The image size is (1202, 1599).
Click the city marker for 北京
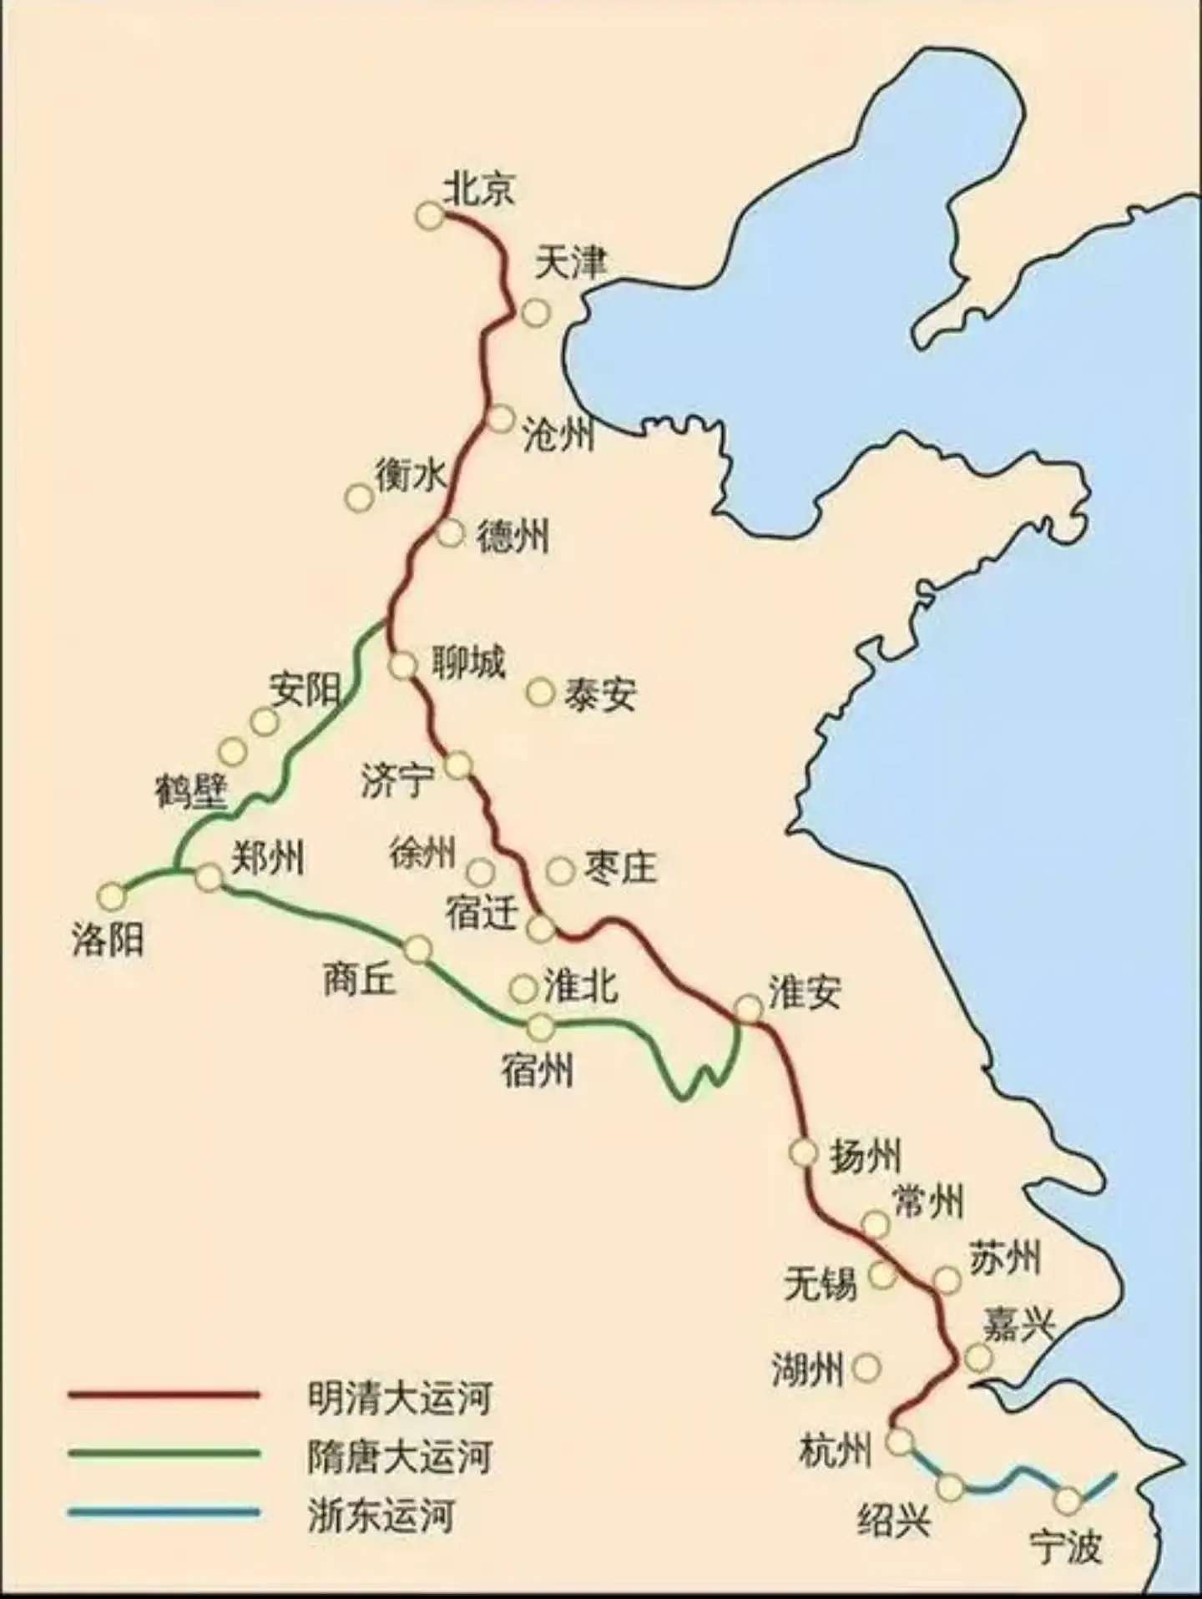pos(430,216)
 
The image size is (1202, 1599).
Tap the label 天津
pos(570,263)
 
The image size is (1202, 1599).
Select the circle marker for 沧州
pos(501,419)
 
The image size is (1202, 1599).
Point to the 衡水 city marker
pos(359,498)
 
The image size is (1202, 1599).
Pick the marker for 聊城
pos(403,666)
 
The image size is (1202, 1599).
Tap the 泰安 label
pos(599,694)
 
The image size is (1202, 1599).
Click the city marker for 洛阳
pos(111,896)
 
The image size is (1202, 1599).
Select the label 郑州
pos(267,857)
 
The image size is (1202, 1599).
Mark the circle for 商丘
pos(418,949)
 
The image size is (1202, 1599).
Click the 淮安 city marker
pos(749,1009)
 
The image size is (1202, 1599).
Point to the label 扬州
pos(865,1156)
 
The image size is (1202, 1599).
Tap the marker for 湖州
pos(868,1367)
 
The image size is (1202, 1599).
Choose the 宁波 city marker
pos(1068,1501)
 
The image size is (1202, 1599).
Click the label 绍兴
pos(893,1521)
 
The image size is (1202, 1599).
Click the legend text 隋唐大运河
pos(399,1455)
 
